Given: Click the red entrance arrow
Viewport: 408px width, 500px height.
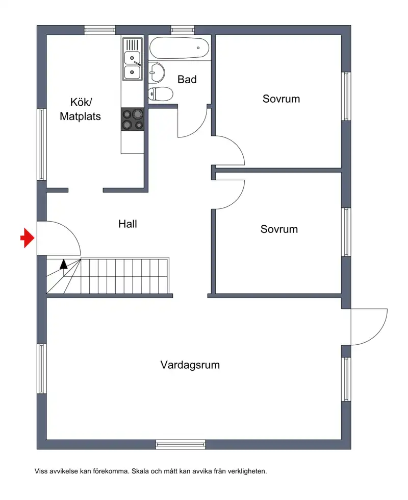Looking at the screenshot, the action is (28, 237).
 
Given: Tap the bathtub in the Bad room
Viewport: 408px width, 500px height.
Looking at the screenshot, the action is (180, 48).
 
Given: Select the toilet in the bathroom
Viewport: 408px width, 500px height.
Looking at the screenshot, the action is (161, 94).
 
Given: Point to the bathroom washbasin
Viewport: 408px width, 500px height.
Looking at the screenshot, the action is (157, 72).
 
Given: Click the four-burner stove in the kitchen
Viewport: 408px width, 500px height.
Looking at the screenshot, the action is (133, 120).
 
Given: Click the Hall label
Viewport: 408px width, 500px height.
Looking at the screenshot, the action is (127, 224).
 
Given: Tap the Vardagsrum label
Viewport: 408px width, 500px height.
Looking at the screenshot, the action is (190, 365).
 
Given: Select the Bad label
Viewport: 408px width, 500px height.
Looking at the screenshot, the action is (187, 79).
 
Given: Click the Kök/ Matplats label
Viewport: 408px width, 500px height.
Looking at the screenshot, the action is (80, 109).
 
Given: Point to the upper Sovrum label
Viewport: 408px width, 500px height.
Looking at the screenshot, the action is (281, 99).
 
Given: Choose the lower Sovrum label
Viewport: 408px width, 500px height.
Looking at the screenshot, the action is (279, 229).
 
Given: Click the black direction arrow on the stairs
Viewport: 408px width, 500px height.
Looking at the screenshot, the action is (64, 264).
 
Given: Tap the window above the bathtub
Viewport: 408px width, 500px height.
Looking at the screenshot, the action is (183, 30).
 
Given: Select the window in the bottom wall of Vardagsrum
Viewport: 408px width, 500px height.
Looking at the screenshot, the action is (180, 444).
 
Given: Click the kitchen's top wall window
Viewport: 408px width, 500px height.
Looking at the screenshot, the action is (99, 30).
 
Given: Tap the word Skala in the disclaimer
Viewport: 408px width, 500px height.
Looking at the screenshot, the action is (140, 471).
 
